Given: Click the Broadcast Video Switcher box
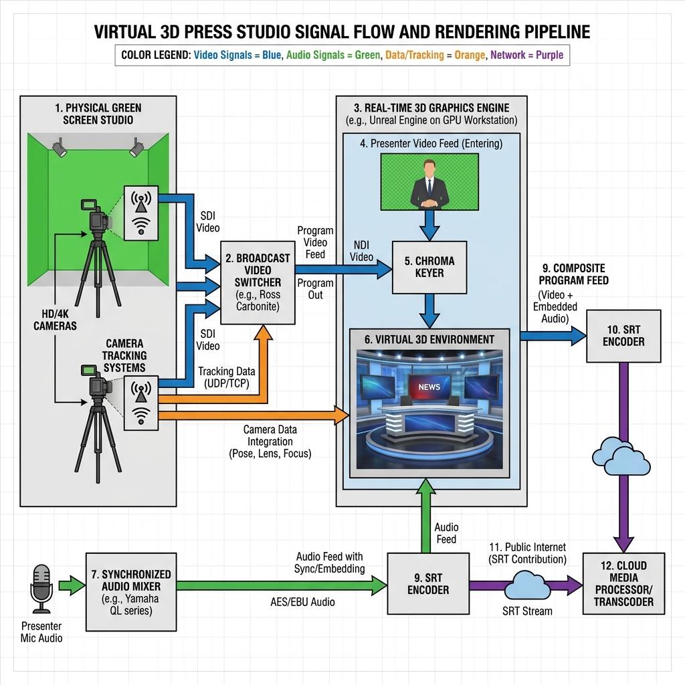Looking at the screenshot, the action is click(258, 283).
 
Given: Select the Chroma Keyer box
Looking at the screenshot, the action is click(429, 268).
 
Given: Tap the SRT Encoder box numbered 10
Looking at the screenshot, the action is click(623, 336).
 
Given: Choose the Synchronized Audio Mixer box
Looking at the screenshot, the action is click(131, 592).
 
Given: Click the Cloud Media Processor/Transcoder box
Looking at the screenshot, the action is click(624, 583).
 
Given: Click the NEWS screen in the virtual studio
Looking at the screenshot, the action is click(429, 387).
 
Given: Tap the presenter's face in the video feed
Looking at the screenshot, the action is click(430, 169).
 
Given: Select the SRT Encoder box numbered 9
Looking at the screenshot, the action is click(428, 583).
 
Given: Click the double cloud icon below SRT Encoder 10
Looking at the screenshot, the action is click(621, 456).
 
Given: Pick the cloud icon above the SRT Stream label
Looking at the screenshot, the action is click(527, 586).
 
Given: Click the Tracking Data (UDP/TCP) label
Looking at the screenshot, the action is click(226, 377).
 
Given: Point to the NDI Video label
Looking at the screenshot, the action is click(361, 252).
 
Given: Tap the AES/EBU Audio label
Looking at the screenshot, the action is click(302, 602).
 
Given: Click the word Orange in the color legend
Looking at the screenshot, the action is click(470, 55).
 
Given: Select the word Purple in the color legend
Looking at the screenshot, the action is click(549, 55).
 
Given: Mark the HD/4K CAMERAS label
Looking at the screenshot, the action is click(55, 320).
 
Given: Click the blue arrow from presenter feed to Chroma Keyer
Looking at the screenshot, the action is click(429, 225).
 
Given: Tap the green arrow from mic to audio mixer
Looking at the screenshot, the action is click(72, 586).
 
